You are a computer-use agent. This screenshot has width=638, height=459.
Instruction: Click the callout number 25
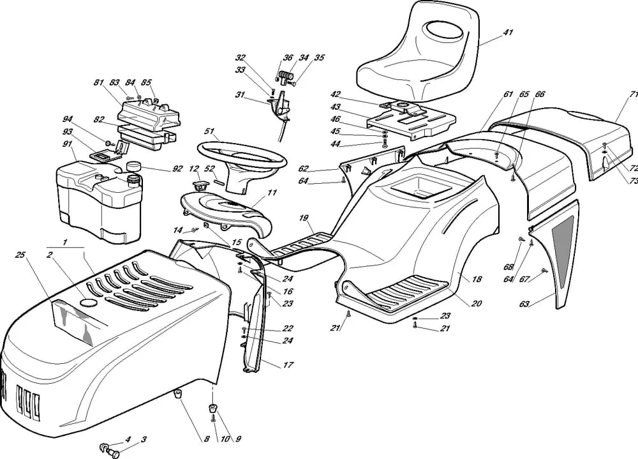(x=20, y=256)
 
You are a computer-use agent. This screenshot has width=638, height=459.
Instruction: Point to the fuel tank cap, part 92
(x=133, y=167)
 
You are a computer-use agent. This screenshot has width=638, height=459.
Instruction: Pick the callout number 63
(x=524, y=304)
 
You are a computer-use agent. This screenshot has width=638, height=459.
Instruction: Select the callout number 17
(x=288, y=366)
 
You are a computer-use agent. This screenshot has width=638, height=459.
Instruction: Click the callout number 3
(x=144, y=439)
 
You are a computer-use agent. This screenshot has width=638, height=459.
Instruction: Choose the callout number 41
(x=507, y=32)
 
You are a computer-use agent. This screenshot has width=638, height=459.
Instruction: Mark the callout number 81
(x=98, y=82)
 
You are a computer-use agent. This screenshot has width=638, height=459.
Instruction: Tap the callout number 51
(x=209, y=131)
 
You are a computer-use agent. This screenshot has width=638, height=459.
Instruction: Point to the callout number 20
(x=476, y=304)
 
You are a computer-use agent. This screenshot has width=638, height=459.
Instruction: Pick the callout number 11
(x=272, y=192)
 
